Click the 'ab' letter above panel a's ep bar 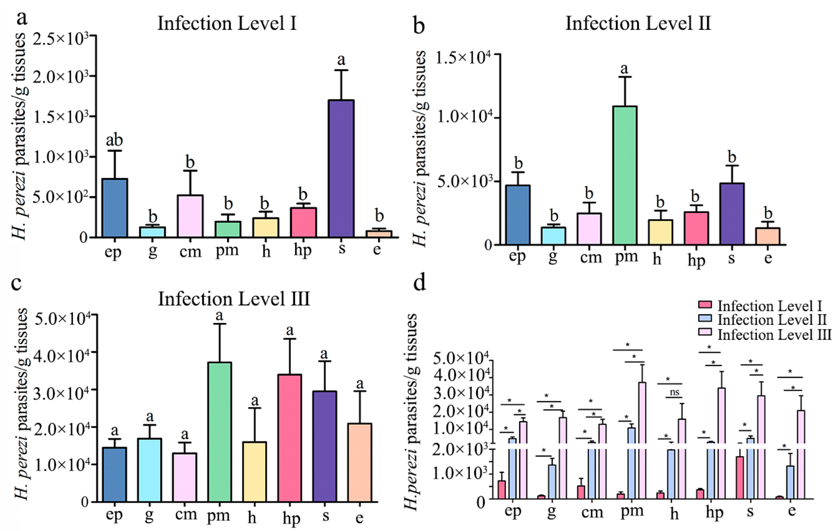click(114, 141)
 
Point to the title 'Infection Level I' click(227, 24)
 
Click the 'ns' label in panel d click(674, 392)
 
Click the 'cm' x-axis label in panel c click(186, 514)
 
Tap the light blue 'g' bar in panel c click(149, 470)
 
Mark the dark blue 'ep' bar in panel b click(518, 215)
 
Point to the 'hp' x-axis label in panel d click(714, 513)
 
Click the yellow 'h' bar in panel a click(265, 228)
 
